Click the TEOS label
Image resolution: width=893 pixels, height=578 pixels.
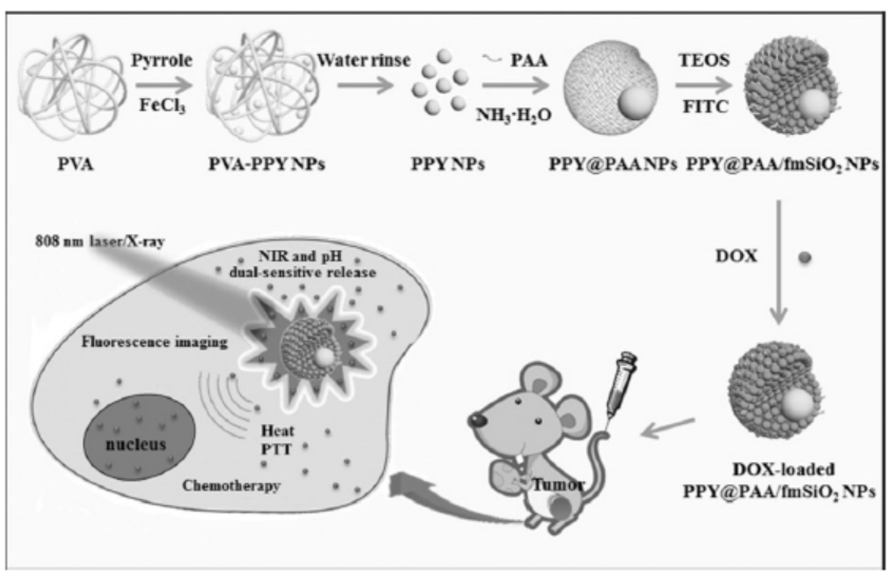click(x=705, y=60)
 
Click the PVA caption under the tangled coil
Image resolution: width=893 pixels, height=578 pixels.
click(x=76, y=164)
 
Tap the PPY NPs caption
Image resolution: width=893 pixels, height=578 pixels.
click(x=448, y=164)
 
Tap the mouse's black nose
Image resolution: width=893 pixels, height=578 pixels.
click(x=477, y=419)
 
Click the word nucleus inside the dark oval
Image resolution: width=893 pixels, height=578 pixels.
click(x=135, y=445)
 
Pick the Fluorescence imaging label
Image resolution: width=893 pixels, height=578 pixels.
click(x=155, y=342)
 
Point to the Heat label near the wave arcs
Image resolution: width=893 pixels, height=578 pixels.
click(x=277, y=431)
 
